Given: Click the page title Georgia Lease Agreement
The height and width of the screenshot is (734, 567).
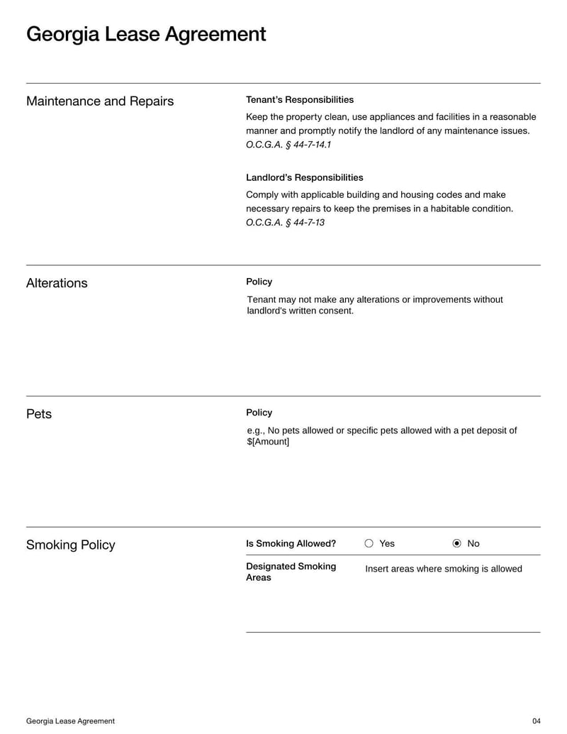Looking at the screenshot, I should [146, 34].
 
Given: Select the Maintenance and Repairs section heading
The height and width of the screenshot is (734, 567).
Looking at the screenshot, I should [100, 101].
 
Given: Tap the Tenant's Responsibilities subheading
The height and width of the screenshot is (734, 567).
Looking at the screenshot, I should [300, 100].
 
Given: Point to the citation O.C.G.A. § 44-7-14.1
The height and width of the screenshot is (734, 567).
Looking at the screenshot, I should [288, 145].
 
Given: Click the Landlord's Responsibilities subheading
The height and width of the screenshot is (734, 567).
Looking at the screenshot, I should [305, 177].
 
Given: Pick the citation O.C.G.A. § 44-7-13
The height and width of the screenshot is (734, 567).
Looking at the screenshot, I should [285, 223].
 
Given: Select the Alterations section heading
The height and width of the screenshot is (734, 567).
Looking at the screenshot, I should [57, 283].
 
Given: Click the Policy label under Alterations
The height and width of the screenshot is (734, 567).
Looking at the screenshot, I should [259, 282].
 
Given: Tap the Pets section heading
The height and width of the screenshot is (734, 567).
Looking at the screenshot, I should [39, 414].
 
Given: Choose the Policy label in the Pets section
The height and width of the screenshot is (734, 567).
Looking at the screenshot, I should [259, 413].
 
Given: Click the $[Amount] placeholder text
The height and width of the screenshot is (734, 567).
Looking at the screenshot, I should [268, 442].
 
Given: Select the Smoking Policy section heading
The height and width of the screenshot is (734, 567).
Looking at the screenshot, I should [70, 545].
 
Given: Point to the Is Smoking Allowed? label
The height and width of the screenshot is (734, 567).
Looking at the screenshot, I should [291, 544].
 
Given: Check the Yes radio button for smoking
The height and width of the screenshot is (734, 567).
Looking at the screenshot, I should [369, 544].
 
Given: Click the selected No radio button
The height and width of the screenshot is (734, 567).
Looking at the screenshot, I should [456, 544].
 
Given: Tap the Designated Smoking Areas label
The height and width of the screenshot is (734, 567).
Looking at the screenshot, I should [291, 572].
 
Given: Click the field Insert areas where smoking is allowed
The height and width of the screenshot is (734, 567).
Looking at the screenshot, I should [444, 569].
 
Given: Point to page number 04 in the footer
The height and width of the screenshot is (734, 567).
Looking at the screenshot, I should [536, 721].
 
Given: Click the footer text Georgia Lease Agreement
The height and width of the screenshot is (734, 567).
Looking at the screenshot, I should [70, 721].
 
